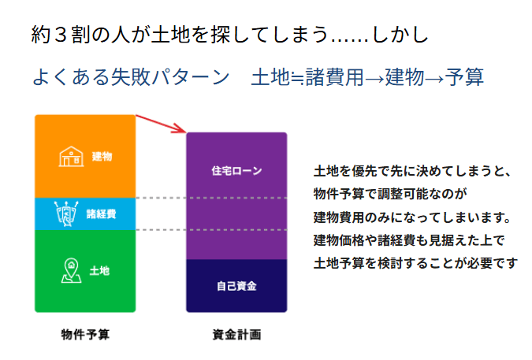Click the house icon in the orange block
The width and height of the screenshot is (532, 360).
pyautogui.click(x=72, y=156)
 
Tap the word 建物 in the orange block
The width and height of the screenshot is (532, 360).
pyautogui.click(x=102, y=157)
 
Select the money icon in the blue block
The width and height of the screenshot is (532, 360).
pyautogui.click(x=66, y=213)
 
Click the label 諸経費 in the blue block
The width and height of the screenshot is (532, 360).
pyautogui.click(x=101, y=214)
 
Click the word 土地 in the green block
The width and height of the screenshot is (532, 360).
pyautogui.click(x=100, y=271)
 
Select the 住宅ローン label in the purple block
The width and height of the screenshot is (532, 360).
pyautogui.click(x=236, y=170)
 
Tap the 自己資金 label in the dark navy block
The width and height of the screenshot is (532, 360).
pyautogui.click(x=236, y=285)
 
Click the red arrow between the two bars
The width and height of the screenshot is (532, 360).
pyautogui.click(x=161, y=124)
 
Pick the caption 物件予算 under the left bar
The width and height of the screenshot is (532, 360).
pyautogui.click(x=85, y=334)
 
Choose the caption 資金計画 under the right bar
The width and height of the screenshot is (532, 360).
pyautogui.click(x=236, y=334)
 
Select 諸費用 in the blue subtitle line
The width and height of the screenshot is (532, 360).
pyautogui.click(x=336, y=77)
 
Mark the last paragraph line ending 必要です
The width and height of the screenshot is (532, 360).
pyautogui.click(x=415, y=263)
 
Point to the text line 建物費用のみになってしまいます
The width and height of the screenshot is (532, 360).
pyautogui.click(x=413, y=217)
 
